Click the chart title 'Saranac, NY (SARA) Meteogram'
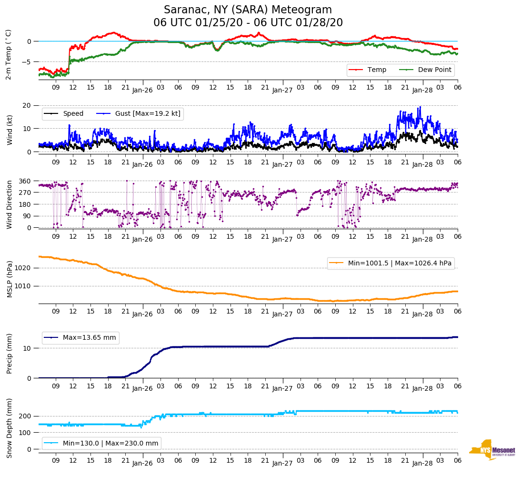coord(248,10)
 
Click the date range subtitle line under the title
coord(248,23)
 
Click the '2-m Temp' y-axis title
coord(9,54)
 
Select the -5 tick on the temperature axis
coord(28,62)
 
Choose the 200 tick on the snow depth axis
coord(26,416)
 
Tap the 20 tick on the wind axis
coord(28,105)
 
